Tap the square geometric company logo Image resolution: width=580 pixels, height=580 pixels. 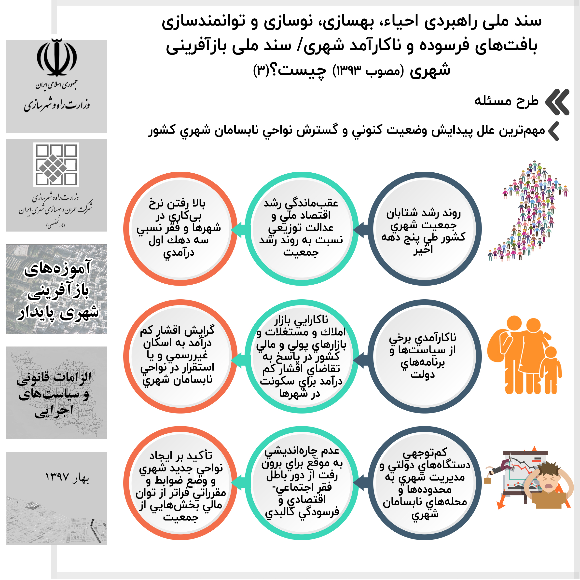56,165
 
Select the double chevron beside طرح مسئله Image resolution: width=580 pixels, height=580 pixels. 557,102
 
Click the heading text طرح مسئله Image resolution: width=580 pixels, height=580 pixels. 506,101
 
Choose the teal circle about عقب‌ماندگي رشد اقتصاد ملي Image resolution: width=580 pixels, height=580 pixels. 301,229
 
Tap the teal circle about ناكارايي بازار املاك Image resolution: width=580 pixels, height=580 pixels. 301,356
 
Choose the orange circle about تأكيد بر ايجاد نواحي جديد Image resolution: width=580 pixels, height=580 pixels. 180,483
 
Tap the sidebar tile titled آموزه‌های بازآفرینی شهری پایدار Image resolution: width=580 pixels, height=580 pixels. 57,289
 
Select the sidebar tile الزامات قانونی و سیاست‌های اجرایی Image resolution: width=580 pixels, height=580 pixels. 57,393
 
